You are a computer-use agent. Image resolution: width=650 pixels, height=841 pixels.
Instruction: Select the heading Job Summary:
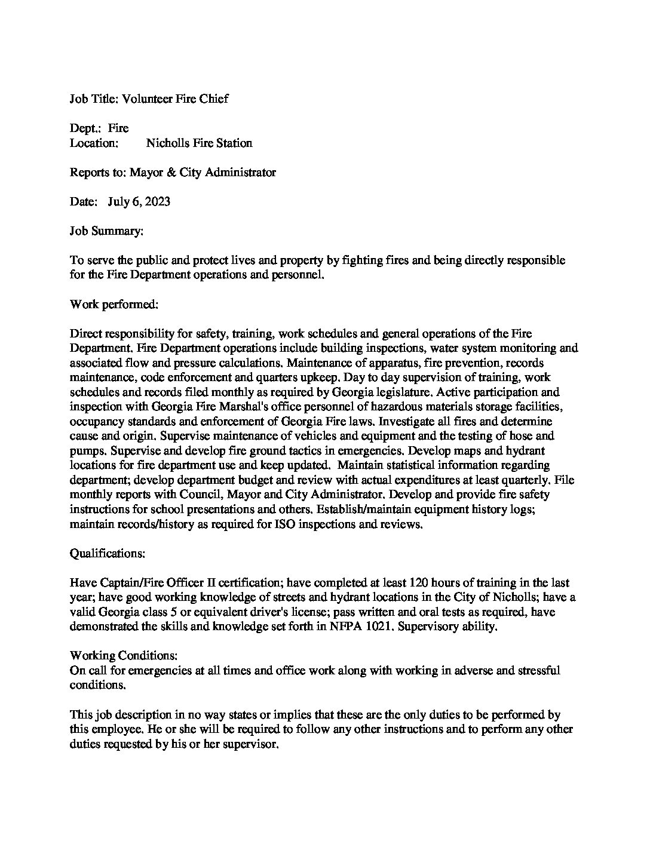[x=106, y=231]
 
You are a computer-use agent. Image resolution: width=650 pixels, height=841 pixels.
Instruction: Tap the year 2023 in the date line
[x=157, y=201]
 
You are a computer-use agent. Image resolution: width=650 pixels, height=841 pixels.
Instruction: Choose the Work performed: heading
[x=114, y=304]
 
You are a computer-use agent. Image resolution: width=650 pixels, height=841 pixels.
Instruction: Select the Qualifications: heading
[x=108, y=553]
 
